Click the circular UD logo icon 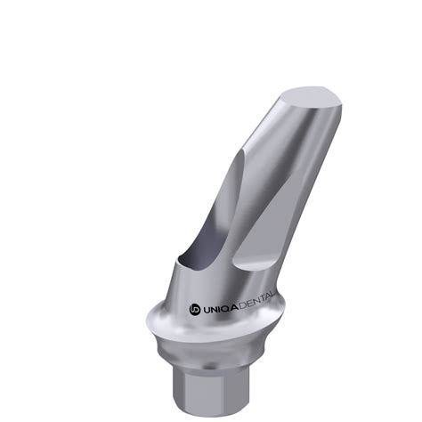click(195, 309)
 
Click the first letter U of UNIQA click(207, 308)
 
